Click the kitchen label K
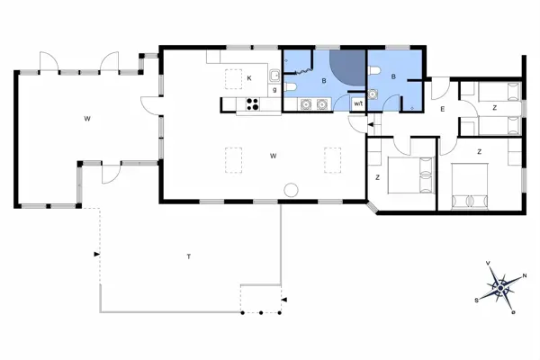[248, 79]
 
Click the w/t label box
[358, 104]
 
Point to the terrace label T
[188, 257]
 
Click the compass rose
[499, 287]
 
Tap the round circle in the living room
[291, 190]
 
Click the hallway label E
[442, 110]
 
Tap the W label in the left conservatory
[87, 119]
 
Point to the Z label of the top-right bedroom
[494, 107]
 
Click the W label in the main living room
[272, 156]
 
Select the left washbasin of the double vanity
[307, 104]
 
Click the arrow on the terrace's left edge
[96, 256]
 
